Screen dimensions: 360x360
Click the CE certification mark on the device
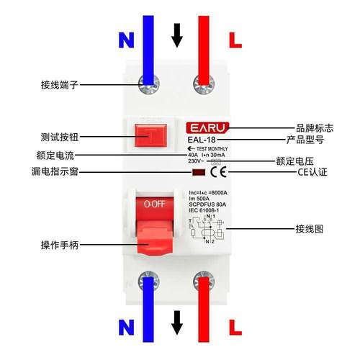(x=223, y=172)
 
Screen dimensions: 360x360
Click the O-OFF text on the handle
(x=155, y=204)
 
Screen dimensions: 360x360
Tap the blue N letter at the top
(x=126, y=41)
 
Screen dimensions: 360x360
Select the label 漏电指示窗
(x=54, y=173)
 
